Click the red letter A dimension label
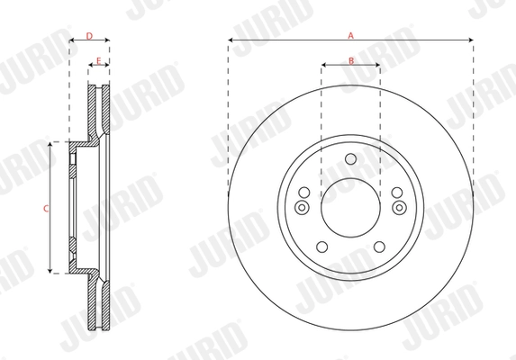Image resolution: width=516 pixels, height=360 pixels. [x=351, y=34]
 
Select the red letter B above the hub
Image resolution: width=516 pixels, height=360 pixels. [x=351, y=59]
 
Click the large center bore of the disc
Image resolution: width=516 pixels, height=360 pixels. [x=350, y=207]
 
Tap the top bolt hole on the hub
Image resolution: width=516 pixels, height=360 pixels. [x=350, y=161]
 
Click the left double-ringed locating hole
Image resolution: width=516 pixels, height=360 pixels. [x=303, y=208]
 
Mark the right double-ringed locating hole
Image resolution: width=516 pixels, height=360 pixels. [x=399, y=208]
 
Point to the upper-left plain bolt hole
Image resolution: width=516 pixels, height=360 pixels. [x=304, y=192]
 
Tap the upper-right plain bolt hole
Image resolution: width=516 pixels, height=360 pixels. [x=397, y=192]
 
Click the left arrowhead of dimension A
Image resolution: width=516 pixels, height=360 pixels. [x=231, y=40]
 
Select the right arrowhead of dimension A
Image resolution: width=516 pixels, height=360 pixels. [x=471, y=40]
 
